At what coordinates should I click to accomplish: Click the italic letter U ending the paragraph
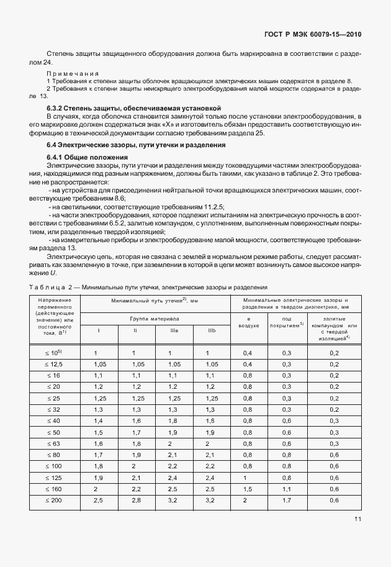[x=53, y=273]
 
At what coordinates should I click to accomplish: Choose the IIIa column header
[x=174, y=330]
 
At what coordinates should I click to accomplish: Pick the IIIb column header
[x=212, y=330]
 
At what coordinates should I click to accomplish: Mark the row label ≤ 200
[x=55, y=500]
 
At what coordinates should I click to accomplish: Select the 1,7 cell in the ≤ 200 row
[x=287, y=500]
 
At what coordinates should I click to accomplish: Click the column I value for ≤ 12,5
[x=97, y=365]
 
